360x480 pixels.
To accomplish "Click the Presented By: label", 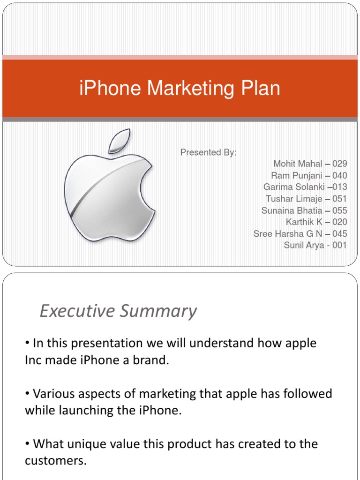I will tap(209, 152).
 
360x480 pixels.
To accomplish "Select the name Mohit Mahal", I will tap(298, 164).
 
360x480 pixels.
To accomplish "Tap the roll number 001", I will tap(339, 245).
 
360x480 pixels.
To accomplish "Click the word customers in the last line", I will tap(55, 461).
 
